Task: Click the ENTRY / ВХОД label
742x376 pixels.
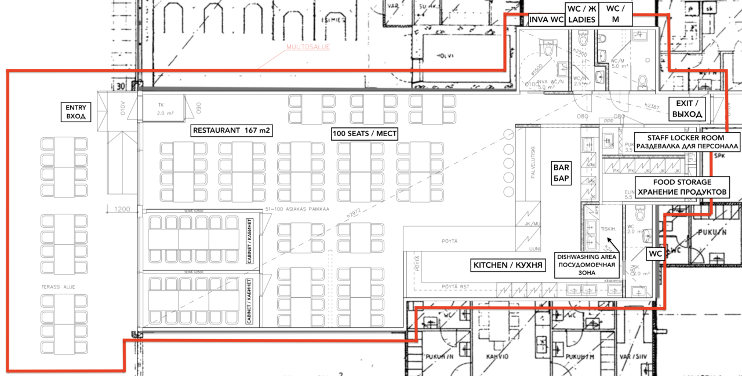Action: [x=75, y=112]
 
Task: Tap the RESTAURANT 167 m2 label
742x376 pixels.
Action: [x=232, y=130]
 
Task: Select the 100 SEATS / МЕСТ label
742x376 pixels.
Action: [x=365, y=134]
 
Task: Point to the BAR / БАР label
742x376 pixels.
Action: [x=561, y=173]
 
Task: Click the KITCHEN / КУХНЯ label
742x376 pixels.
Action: [x=508, y=265]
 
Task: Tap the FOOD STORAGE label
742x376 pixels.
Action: [x=682, y=187]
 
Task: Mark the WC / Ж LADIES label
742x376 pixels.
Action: [x=581, y=13]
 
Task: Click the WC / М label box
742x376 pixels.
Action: [x=615, y=13]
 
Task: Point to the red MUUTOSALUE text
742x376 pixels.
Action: [x=308, y=47]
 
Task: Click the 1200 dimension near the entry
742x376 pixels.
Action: [x=121, y=209]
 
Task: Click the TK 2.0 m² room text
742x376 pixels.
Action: [x=168, y=109]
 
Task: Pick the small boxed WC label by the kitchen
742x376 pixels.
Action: [x=654, y=254]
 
